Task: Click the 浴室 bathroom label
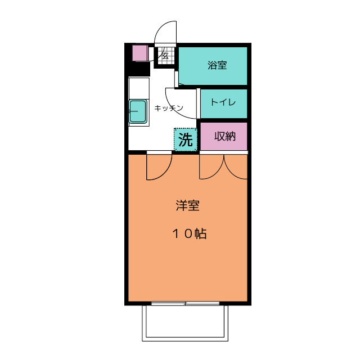click(217, 65)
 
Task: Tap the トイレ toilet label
click(223, 102)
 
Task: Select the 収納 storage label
click(225, 136)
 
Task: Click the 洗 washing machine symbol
click(186, 139)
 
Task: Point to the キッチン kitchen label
click(169, 108)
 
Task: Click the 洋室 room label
click(187, 205)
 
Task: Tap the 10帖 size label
click(190, 234)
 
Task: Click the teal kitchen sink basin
click(137, 111)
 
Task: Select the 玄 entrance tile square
click(165, 56)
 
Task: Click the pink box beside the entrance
click(140, 53)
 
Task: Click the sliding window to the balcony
click(186, 304)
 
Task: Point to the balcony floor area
click(185, 322)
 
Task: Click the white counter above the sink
click(139, 88)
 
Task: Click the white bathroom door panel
click(176, 79)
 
